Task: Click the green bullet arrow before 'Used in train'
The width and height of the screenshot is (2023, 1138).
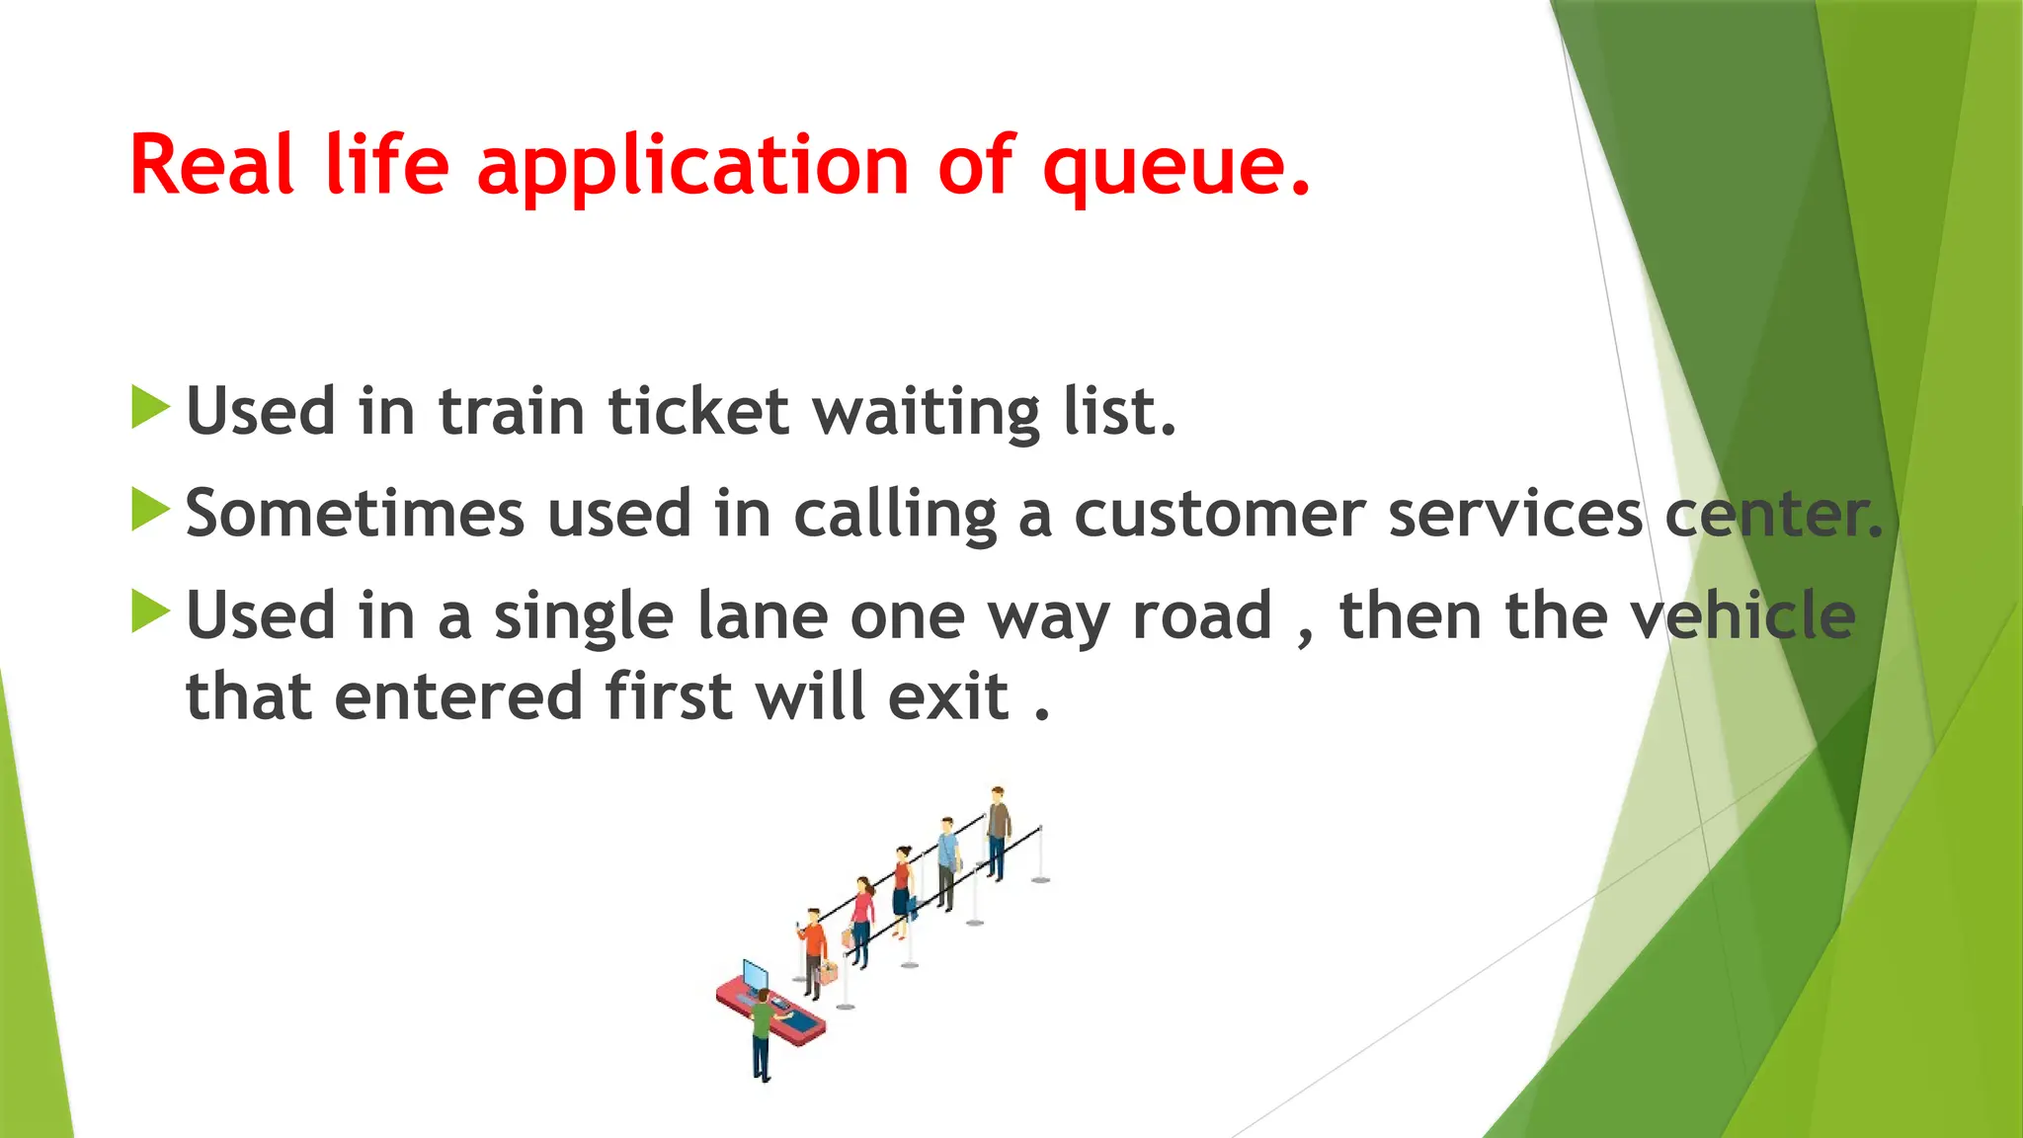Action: [x=150, y=408]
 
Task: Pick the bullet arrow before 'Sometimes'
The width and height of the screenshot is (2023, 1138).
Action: [x=150, y=511]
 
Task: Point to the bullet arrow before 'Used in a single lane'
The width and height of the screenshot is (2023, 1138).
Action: [x=150, y=612]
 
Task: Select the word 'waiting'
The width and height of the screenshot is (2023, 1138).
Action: [x=926, y=413]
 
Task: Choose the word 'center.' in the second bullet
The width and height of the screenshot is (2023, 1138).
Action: [x=1774, y=515]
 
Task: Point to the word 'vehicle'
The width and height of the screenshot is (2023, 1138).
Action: [x=1743, y=615]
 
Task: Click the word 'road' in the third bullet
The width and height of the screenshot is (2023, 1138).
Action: [x=1202, y=616]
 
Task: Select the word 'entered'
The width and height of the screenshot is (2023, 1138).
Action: [x=459, y=696]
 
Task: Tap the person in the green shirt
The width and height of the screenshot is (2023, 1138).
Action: [x=762, y=1032]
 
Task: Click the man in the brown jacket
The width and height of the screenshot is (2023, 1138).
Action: [x=998, y=831]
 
